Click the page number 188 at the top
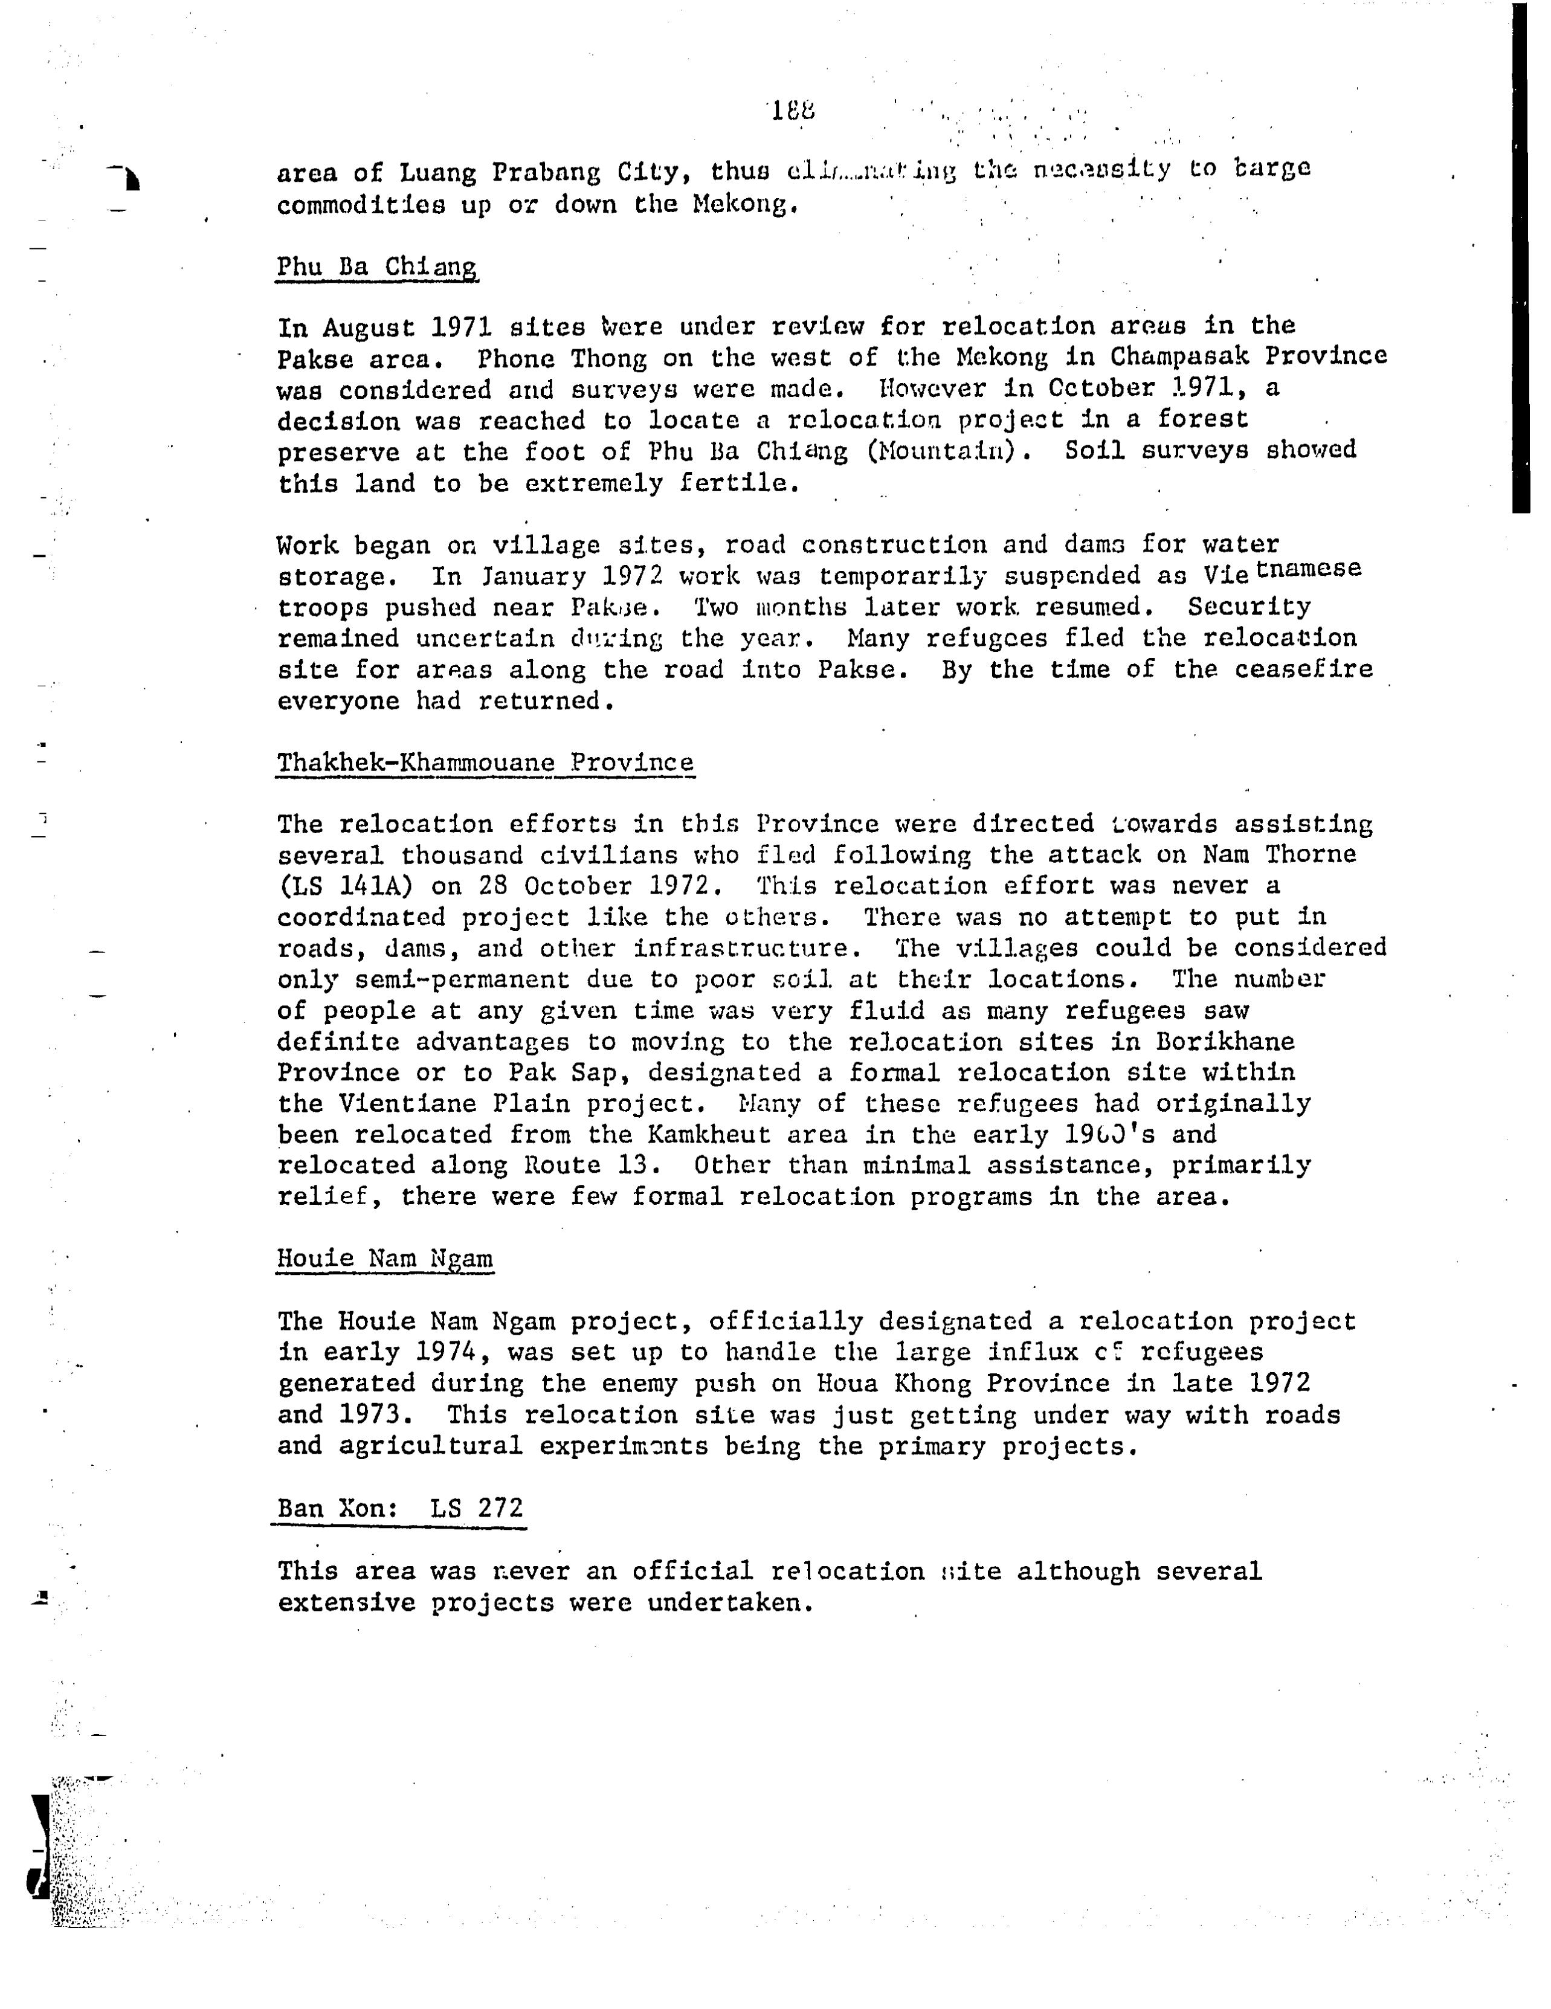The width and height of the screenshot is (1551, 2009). click(792, 111)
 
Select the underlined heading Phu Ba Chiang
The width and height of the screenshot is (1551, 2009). click(376, 267)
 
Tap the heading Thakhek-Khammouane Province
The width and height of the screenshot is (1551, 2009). click(485, 763)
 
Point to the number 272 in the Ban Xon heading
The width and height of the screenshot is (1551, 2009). click(500, 1509)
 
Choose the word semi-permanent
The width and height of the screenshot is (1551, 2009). click(433, 979)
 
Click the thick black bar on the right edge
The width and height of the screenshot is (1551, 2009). click(1520, 257)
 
